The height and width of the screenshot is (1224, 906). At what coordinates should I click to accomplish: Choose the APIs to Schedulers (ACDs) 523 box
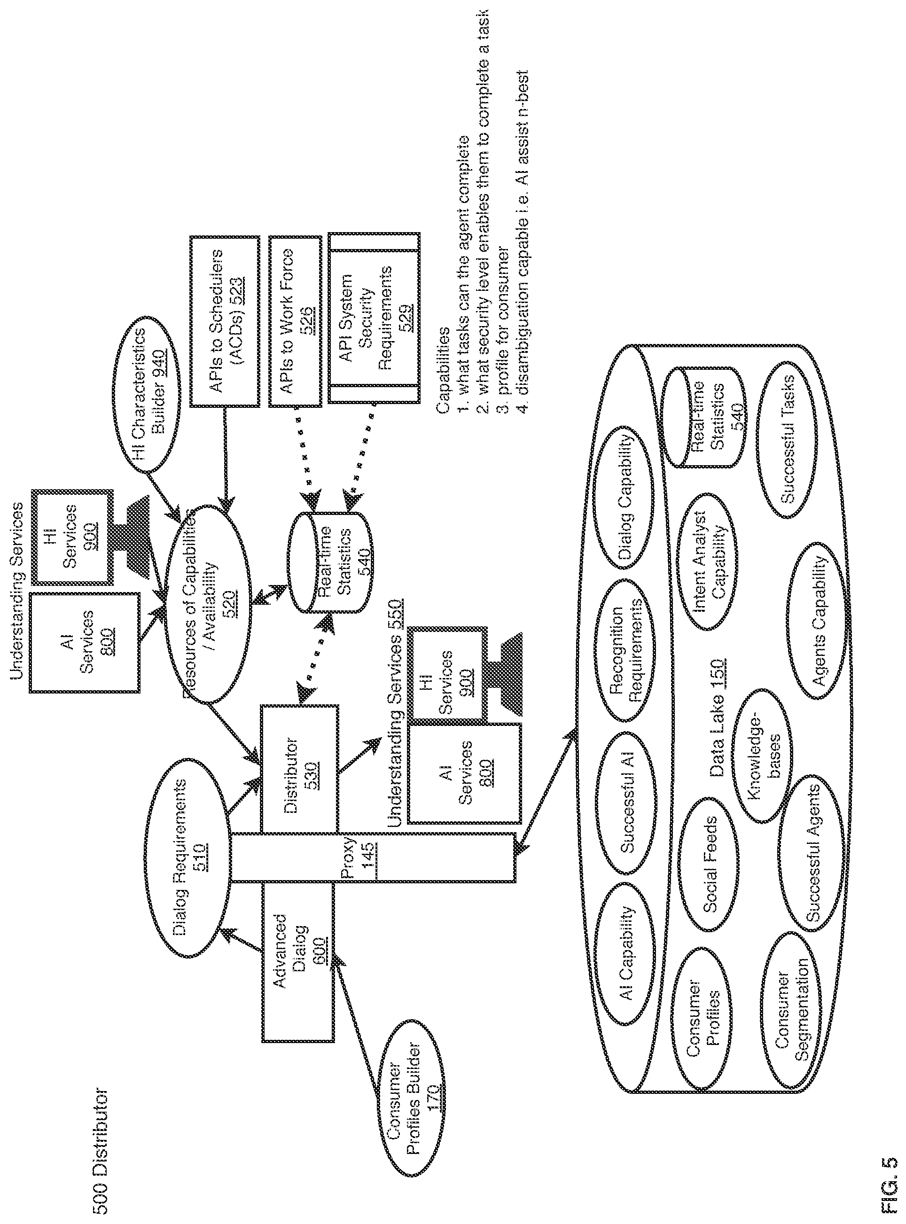tap(225, 321)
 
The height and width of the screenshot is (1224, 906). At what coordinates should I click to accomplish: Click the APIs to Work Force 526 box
tap(295, 321)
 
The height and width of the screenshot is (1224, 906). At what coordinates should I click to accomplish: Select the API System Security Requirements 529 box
tap(374, 318)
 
